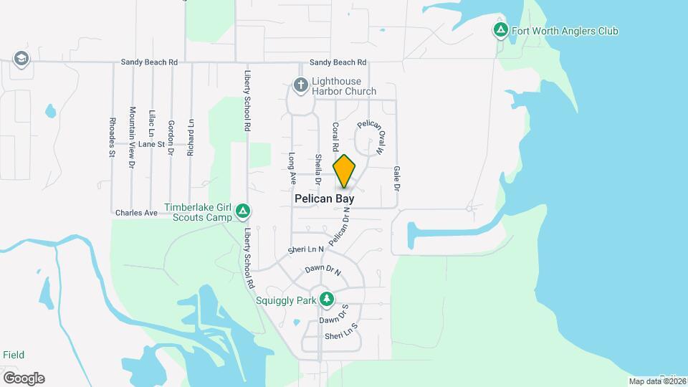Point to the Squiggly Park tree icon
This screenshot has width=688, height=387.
click(x=327, y=297)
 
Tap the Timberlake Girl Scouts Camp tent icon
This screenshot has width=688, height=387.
click(x=244, y=211)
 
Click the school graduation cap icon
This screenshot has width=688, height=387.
click(x=21, y=59)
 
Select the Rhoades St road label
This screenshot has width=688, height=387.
click(x=113, y=137)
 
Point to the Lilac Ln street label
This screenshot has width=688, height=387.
click(x=151, y=123)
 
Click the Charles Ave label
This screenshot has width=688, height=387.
click(x=136, y=213)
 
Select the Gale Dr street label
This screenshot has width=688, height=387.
click(x=396, y=178)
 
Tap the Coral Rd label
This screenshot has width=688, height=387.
click(x=335, y=136)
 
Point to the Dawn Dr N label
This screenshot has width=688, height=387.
click(x=322, y=271)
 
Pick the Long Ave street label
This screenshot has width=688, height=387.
click(x=292, y=166)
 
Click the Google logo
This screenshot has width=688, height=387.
click(x=24, y=378)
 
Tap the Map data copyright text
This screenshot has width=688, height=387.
click(x=656, y=381)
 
